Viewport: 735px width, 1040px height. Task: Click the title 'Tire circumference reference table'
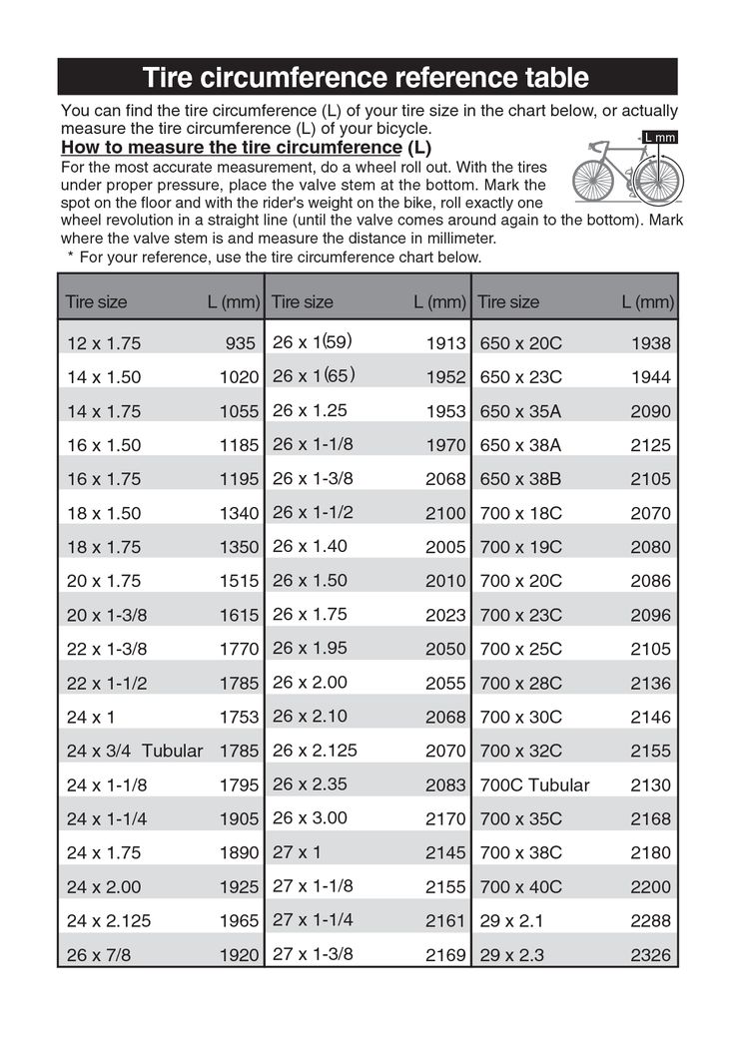click(367, 77)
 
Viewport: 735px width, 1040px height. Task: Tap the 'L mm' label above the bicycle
click(659, 137)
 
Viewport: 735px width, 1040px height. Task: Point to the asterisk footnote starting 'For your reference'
click(275, 257)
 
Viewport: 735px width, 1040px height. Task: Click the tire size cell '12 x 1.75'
click(104, 344)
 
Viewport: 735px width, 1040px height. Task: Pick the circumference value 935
click(241, 344)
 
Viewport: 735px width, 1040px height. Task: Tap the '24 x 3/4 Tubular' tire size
click(135, 751)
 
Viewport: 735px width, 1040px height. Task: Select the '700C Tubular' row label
click(534, 784)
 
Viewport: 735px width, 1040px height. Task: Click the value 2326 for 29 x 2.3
click(651, 955)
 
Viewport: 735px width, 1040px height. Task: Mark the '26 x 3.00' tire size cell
click(310, 817)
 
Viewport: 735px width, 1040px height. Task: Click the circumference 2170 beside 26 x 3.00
click(445, 818)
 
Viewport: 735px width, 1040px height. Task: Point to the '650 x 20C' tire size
click(521, 343)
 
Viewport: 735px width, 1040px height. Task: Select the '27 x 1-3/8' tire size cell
click(313, 953)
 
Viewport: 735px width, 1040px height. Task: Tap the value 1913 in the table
click(445, 343)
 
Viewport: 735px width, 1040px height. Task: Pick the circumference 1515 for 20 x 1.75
click(240, 581)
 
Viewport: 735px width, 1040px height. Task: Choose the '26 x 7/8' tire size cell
click(99, 955)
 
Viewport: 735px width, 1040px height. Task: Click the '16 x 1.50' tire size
click(104, 445)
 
